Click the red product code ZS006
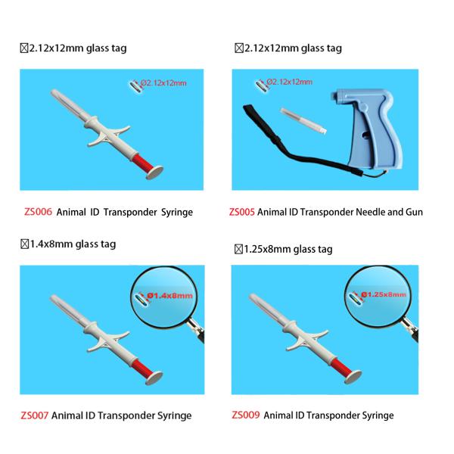(38, 212)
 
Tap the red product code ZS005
(242, 212)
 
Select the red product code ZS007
(34, 415)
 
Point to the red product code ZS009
(245, 415)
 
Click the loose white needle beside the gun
(303, 121)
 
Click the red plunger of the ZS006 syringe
(143, 163)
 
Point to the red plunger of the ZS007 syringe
(142, 368)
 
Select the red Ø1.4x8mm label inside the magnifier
(169, 296)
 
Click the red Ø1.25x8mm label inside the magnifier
(384, 294)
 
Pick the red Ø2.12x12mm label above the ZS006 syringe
(163, 83)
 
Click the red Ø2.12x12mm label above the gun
(290, 82)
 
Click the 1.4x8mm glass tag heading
(68, 244)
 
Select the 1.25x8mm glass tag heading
(284, 249)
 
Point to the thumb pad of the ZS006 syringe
(154, 173)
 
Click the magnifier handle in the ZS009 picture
(410, 329)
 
